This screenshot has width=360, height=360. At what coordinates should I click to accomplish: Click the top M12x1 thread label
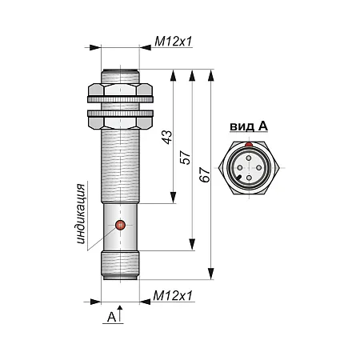(x=174, y=42)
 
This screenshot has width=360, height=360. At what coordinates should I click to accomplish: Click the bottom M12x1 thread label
(x=173, y=296)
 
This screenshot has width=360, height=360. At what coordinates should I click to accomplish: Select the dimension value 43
(x=167, y=137)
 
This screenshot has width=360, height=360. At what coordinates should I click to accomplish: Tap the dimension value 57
(x=186, y=158)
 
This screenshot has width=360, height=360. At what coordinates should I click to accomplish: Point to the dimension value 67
(x=205, y=174)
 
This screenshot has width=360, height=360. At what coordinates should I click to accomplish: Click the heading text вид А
(x=249, y=126)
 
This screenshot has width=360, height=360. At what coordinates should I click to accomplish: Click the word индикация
(x=81, y=214)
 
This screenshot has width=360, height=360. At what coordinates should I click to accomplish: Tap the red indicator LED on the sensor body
(x=120, y=226)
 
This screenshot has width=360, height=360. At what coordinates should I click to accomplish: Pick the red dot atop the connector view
(x=249, y=144)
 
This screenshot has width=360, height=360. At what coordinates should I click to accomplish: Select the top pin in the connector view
(x=249, y=158)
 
